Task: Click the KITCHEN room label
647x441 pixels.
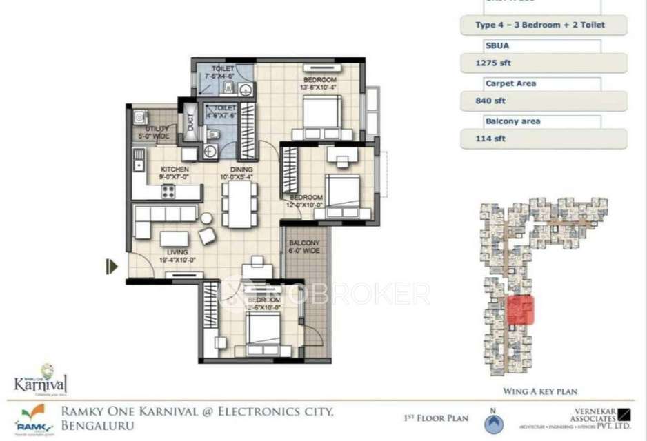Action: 175,169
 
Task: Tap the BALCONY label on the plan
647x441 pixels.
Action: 304,244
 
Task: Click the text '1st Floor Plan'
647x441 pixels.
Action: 435,418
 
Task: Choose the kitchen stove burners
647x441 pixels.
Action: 168,192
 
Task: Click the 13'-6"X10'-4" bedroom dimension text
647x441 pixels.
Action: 318,88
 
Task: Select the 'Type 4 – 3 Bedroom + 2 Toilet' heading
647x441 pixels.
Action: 545,25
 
